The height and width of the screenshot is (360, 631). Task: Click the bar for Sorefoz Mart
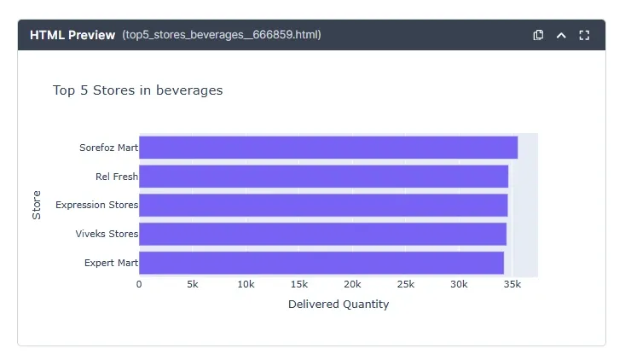328,148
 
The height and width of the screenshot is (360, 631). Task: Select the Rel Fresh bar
324,177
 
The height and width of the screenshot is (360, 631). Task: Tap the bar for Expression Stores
323,205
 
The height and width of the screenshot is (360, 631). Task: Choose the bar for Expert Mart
321,263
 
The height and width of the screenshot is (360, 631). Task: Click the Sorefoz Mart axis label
108,148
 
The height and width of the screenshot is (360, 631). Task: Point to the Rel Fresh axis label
116,177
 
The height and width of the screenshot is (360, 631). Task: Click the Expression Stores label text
96,205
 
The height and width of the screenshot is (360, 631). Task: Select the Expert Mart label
111,263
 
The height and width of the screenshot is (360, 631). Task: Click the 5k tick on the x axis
193,284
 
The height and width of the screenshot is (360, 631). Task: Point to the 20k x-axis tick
352,284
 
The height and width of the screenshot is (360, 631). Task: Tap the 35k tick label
512,284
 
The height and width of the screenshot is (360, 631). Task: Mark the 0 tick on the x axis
139,284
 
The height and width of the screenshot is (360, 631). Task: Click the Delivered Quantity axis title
339,305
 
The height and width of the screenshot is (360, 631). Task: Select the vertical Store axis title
37,205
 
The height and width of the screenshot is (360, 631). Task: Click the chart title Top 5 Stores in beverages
137,90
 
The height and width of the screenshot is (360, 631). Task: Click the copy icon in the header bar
538,35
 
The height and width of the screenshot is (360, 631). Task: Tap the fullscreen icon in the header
584,35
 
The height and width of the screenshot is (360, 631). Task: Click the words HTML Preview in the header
72,35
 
